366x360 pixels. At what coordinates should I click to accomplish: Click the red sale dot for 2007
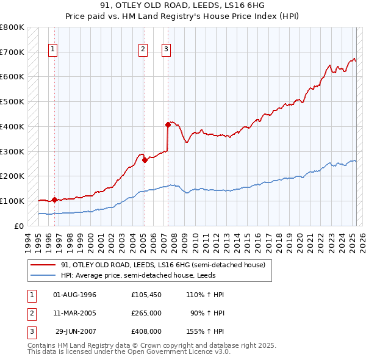click(x=168, y=124)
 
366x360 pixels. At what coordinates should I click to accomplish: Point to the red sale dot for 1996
click(x=54, y=200)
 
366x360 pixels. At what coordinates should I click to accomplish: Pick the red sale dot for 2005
click(x=145, y=160)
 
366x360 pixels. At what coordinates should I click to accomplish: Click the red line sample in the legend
click(x=43, y=265)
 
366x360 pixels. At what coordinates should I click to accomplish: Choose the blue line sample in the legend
click(x=43, y=275)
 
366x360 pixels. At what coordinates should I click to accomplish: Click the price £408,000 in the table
click(x=146, y=331)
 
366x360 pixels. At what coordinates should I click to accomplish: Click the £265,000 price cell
click(x=146, y=313)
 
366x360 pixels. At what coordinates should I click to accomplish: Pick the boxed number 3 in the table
click(x=32, y=331)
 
